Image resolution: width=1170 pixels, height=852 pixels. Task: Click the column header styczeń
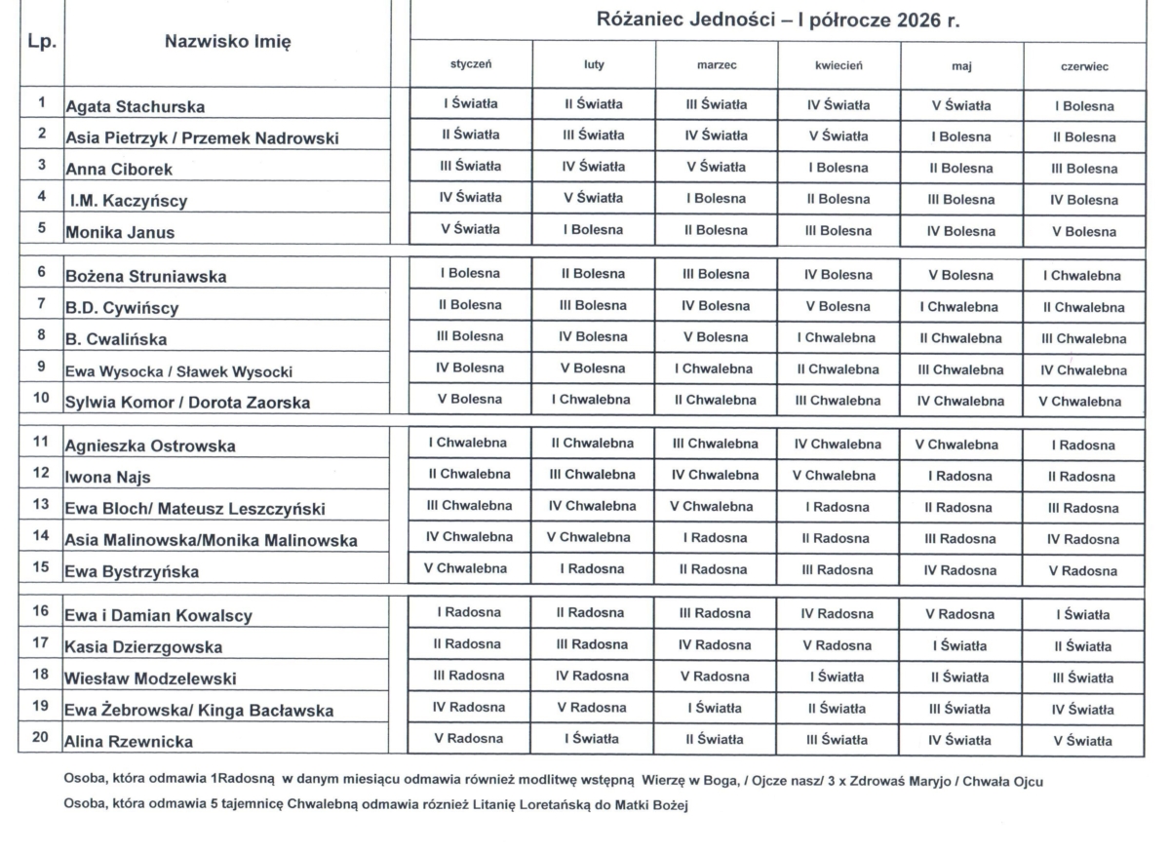(x=470, y=65)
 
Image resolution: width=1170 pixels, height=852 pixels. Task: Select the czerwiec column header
(x=1084, y=66)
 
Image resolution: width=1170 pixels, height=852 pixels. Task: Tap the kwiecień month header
(x=838, y=65)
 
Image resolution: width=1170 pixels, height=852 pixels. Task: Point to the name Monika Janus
(x=120, y=233)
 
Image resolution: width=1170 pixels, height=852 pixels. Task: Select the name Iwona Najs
(x=108, y=478)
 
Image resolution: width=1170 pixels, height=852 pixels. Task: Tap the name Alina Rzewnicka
(x=129, y=742)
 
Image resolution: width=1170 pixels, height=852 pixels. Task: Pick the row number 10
(x=41, y=400)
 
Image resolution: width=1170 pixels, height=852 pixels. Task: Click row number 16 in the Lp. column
(x=41, y=611)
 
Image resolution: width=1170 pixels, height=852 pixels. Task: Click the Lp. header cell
(x=42, y=43)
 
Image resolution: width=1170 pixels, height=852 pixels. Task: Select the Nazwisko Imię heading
(x=228, y=42)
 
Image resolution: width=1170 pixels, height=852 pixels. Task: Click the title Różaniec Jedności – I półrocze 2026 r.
(x=777, y=20)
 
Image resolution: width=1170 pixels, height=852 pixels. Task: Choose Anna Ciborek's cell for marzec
(x=717, y=167)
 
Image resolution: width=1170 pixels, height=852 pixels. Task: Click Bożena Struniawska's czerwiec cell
(x=1084, y=276)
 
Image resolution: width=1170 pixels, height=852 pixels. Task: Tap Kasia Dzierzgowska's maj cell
(x=959, y=645)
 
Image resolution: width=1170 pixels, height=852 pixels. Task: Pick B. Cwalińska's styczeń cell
(x=471, y=336)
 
